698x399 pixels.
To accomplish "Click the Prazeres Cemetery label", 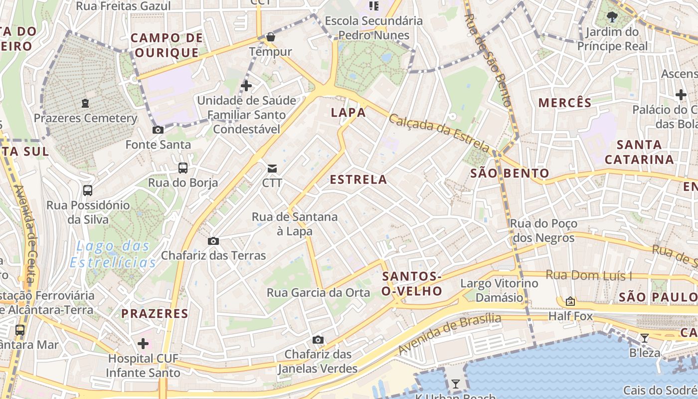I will tap(85, 118).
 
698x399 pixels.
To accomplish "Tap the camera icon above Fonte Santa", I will tap(158, 130).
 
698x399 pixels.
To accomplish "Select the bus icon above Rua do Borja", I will tap(183, 168).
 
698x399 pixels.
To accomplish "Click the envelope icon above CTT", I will tap(272, 168).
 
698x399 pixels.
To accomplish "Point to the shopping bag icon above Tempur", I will tap(270, 37).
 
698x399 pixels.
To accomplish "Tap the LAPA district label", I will tap(349, 112).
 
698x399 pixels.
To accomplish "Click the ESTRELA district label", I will tap(358, 180).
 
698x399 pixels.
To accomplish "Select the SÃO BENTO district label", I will tap(510, 174).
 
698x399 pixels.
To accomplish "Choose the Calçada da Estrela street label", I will tap(439, 133).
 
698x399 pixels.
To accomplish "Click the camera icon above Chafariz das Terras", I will tap(213, 241).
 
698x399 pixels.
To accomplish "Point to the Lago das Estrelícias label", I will tap(113, 254).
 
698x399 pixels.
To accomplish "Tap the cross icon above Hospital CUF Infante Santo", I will tap(143, 344).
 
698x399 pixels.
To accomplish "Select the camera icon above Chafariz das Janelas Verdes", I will tap(318, 340).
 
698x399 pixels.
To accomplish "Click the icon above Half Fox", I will tap(570, 301).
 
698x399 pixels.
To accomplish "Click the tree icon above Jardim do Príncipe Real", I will tap(612, 17).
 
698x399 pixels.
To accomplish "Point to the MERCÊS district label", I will tap(565, 103).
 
